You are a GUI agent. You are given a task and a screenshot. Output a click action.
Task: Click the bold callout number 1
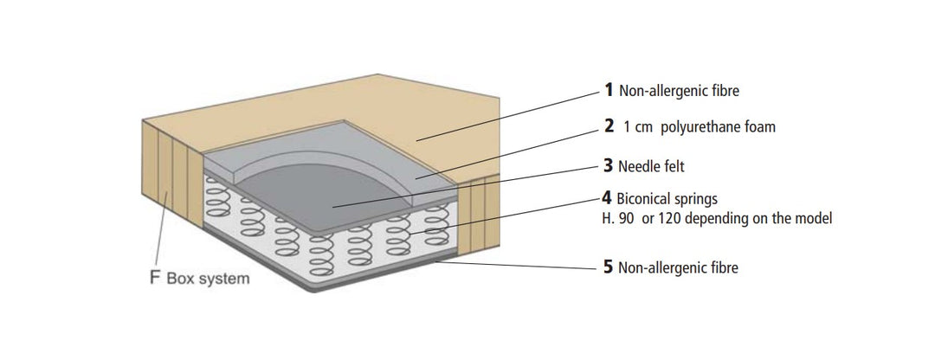(x=609, y=90)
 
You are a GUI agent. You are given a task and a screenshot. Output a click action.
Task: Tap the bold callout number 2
(x=609, y=125)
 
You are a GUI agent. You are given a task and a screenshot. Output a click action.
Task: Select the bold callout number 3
(x=609, y=165)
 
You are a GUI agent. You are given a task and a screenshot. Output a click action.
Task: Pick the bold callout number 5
(x=609, y=267)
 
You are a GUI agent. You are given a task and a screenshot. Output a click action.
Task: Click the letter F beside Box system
(x=155, y=278)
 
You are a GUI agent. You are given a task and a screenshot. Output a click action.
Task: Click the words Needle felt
(x=651, y=165)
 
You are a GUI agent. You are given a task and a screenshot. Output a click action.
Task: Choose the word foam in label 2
(x=760, y=126)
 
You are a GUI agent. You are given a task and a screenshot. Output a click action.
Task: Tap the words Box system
(x=208, y=279)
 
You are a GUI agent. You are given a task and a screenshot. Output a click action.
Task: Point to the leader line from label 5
(x=516, y=265)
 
